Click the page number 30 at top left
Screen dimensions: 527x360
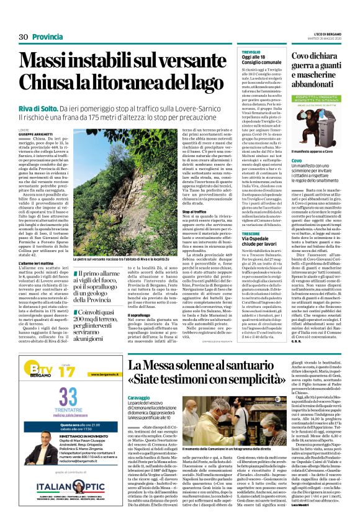point(24,37)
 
